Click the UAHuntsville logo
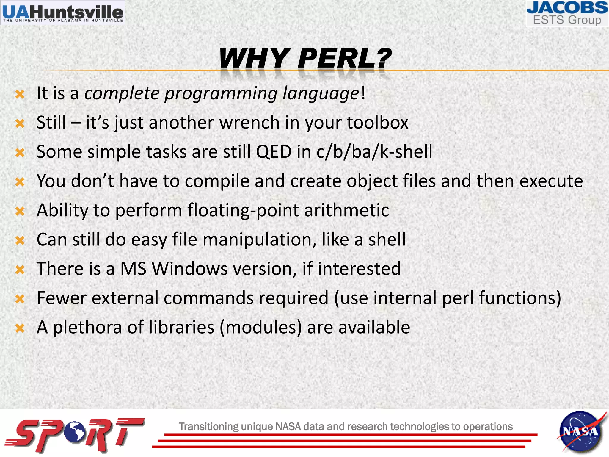coord(63,13)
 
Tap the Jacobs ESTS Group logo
coord(567,14)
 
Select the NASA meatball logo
coord(580,431)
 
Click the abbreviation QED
coord(274,152)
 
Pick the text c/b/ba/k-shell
coord(374,152)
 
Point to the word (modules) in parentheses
coord(261,327)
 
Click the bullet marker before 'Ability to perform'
coord(20,211)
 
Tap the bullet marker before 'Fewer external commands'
coord(20,299)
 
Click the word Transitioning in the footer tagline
coord(208,427)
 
